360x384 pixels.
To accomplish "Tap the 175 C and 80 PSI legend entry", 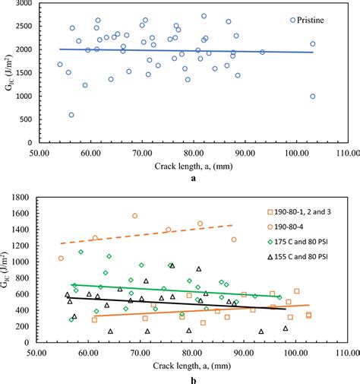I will click(x=313, y=242).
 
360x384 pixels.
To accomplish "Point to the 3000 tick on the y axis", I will click(x=24, y=4).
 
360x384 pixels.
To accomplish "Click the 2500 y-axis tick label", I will click(x=24, y=27).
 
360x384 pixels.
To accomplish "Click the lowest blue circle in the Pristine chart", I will click(x=71, y=115).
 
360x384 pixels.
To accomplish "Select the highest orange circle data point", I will click(x=135, y=216).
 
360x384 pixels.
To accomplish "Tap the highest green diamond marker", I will click(x=81, y=252).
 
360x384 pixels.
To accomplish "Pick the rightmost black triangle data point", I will click(x=286, y=328).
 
